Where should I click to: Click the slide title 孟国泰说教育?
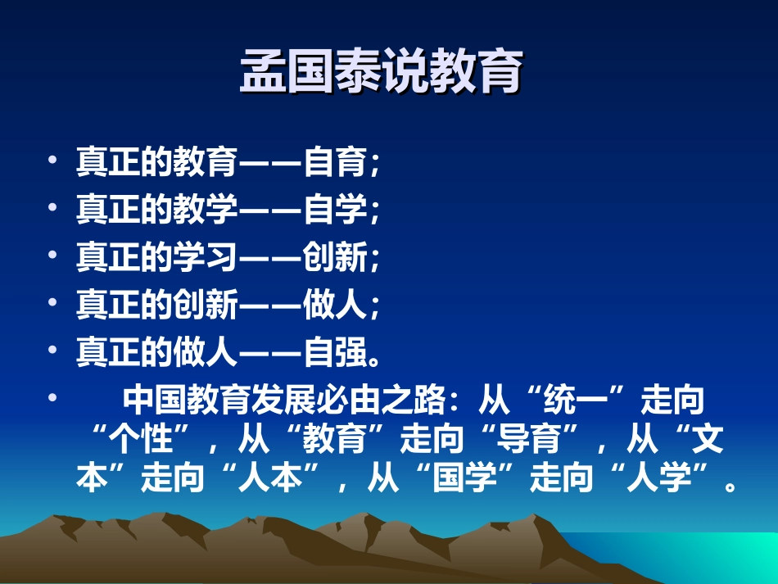[381, 75]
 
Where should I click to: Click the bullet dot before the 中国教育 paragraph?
[53, 398]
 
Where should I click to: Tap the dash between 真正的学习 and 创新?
[270, 259]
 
